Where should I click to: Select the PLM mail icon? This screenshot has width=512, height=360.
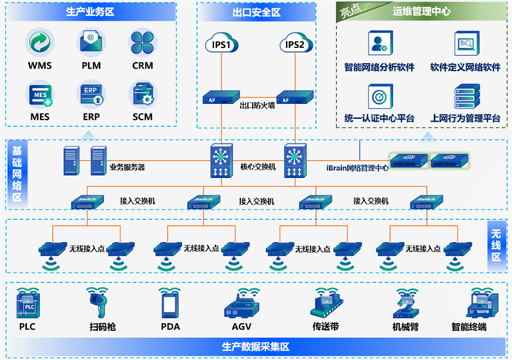click(x=91, y=43)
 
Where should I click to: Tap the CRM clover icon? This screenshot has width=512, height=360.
click(x=143, y=43)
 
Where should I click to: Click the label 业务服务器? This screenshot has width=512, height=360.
click(x=127, y=167)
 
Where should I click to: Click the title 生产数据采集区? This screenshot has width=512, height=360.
click(x=256, y=347)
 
